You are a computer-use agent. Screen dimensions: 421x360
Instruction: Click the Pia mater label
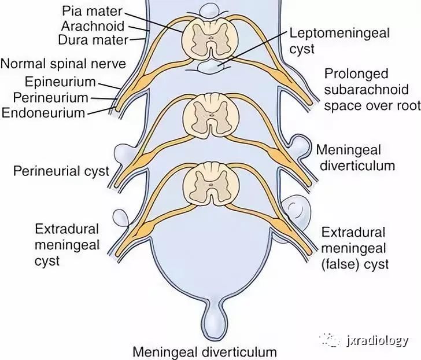coord(92,11)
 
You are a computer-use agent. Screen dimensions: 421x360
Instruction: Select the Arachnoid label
coord(93,26)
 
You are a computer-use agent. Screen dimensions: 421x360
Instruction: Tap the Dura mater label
coord(93,40)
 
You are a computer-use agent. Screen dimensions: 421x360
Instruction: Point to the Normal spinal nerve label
coord(63,64)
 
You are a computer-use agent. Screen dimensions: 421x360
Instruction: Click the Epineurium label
coord(60,82)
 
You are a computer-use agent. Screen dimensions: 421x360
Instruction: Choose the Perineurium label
coord(51,97)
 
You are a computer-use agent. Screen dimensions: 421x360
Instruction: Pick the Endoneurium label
coord(43,113)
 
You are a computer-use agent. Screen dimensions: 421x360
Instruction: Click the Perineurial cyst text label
coord(61,171)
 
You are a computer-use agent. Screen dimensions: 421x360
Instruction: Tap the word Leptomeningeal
coord(339,34)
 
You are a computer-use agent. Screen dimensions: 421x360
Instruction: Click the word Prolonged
coord(356,74)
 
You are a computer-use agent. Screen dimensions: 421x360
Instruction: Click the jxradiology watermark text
coord(377,341)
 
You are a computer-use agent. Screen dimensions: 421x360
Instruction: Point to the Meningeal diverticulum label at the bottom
coord(205,352)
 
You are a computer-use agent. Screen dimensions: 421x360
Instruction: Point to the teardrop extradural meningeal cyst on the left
coord(121,218)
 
